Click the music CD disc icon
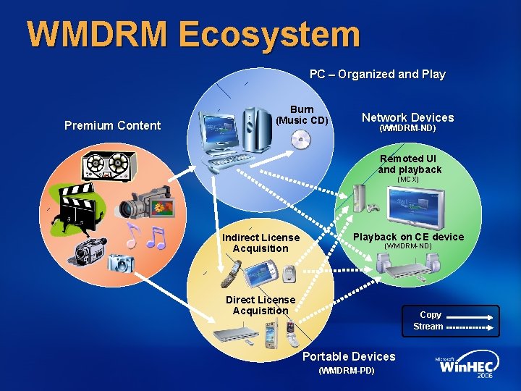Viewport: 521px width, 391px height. pos(300,141)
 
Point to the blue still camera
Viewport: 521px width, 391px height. pos(118,262)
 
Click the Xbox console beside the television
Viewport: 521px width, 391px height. pos(360,197)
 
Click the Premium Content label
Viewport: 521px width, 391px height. pos(112,125)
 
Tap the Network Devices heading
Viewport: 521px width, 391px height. pos(407,117)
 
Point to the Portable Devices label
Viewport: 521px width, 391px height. pos(349,356)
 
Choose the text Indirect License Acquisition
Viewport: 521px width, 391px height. pos(260,243)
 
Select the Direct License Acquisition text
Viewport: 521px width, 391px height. pos(260,305)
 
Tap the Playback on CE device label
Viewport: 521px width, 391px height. pos(408,237)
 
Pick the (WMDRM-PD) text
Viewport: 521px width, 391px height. pos(347,371)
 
